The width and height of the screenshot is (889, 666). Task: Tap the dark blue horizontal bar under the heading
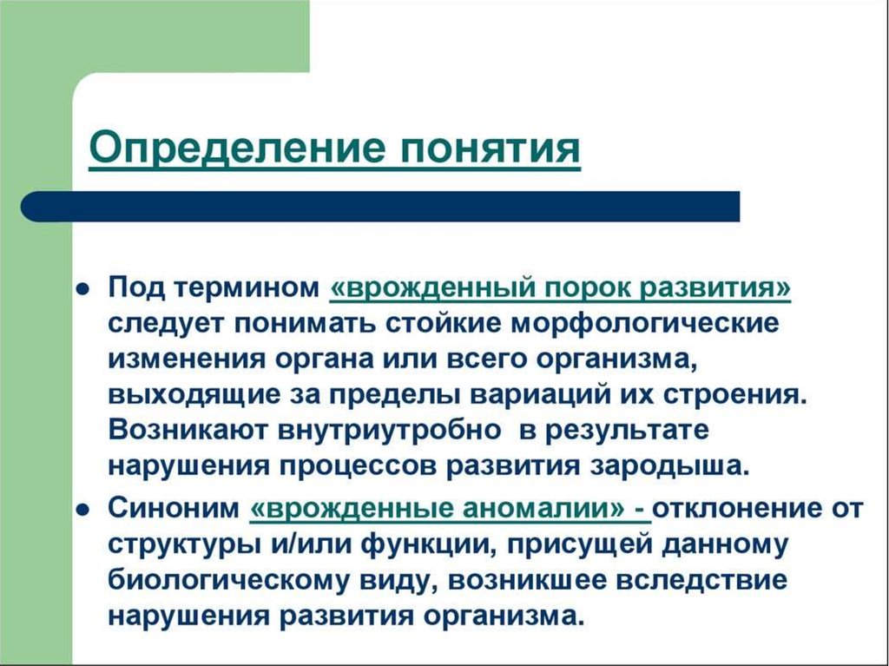point(382,208)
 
